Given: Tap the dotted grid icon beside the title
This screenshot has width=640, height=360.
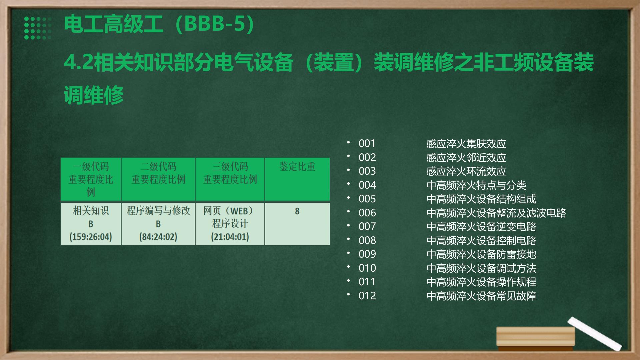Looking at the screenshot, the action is click(38, 28).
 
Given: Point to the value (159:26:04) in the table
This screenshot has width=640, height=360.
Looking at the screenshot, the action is click(91, 237).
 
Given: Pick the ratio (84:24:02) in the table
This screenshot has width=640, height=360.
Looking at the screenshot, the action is click(158, 237).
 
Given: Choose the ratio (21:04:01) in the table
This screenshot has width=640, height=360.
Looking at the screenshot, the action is click(230, 237).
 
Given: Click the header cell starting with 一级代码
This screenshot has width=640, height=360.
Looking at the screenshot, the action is click(91, 179).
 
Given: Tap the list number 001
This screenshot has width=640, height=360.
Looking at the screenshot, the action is click(367, 143).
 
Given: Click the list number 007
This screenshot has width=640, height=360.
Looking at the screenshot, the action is click(367, 226).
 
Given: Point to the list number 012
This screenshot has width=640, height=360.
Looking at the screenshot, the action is click(367, 296).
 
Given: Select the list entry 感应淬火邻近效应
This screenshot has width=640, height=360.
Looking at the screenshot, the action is click(466, 157).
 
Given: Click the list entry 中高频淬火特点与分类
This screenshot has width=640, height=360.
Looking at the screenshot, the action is click(476, 185).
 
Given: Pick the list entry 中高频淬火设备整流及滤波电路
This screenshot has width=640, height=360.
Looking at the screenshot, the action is click(496, 213).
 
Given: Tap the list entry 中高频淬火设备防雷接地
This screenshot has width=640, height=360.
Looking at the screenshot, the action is click(481, 254).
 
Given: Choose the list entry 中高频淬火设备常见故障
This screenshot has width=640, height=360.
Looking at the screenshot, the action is click(481, 296).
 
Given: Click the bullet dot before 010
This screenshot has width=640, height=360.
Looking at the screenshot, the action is click(348, 267).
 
